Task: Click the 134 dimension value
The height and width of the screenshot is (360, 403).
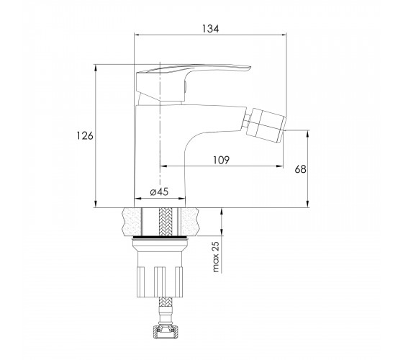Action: click(x=210, y=29)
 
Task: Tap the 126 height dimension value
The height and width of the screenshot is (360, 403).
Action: click(x=85, y=135)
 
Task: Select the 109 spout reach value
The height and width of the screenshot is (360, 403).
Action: click(x=221, y=160)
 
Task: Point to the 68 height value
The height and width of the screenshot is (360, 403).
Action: click(x=301, y=169)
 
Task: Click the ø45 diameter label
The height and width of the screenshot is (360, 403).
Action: click(x=159, y=192)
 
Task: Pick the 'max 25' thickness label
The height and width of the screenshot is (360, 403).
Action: click(x=216, y=257)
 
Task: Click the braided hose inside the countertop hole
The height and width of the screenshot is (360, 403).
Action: click(x=166, y=222)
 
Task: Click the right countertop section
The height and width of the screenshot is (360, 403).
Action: click(x=191, y=222)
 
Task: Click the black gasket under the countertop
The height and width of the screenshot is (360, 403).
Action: click(x=160, y=237)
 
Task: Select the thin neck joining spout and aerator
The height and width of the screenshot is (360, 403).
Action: click(x=248, y=121)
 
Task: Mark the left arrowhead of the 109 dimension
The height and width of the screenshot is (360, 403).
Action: click(x=163, y=166)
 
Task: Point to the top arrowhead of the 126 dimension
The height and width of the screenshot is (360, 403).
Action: click(x=96, y=68)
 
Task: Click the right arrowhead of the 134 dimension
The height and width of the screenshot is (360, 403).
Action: click(x=283, y=35)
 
